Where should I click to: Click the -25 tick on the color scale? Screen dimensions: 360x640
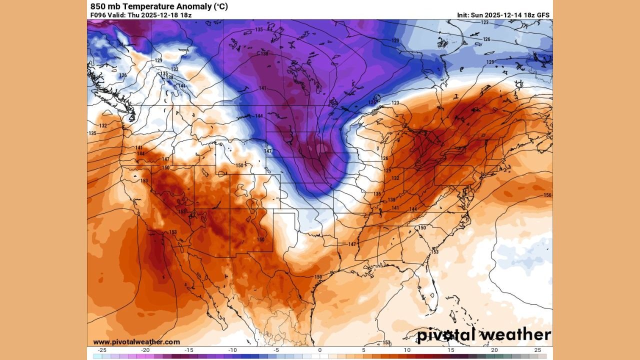(102, 350)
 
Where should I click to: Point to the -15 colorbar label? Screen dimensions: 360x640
(189, 350)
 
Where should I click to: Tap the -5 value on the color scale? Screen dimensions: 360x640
(276, 350)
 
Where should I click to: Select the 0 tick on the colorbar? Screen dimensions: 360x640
(320, 350)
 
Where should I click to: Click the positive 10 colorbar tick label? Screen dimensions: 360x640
(407, 350)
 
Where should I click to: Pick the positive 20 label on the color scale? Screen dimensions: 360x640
(494, 350)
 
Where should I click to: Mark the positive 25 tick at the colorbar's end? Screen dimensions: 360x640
(537, 350)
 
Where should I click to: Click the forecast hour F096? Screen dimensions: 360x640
(98, 15)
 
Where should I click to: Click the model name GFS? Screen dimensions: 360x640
(543, 15)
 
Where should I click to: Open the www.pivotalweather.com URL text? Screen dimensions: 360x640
(136, 342)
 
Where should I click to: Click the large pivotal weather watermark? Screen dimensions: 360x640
(484, 334)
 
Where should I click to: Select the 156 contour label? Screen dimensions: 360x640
(547, 195)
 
